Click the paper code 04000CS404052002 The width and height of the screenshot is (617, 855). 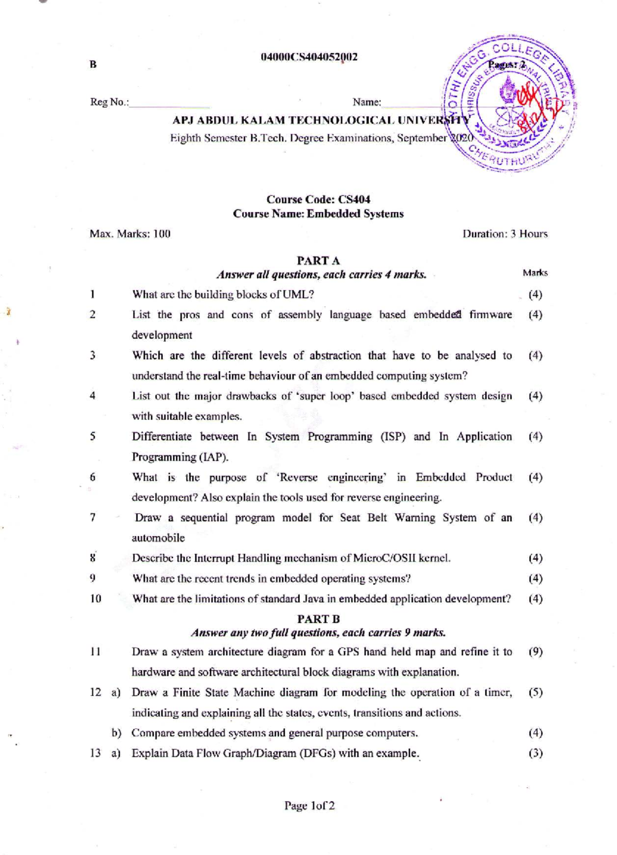[309, 57]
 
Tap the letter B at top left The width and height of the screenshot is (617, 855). [93, 64]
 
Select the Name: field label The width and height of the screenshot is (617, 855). [367, 102]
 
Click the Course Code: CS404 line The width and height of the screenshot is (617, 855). [318, 199]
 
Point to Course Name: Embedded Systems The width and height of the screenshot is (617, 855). [318, 213]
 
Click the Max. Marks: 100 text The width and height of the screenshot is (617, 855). [130, 234]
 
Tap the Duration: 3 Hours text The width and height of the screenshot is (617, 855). [505, 234]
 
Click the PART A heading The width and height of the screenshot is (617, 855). [318, 261]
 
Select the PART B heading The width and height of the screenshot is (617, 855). [318, 619]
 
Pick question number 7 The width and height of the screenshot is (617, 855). [93, 517]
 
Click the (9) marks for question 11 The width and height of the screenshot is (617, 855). [535, 651]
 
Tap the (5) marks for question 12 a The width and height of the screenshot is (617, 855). [535, 692]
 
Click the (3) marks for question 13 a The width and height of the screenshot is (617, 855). [535, 753]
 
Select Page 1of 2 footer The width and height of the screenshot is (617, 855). [310, 806]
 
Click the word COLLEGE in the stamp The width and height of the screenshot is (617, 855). [519, 52]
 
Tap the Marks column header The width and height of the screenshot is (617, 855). [535, 273]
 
